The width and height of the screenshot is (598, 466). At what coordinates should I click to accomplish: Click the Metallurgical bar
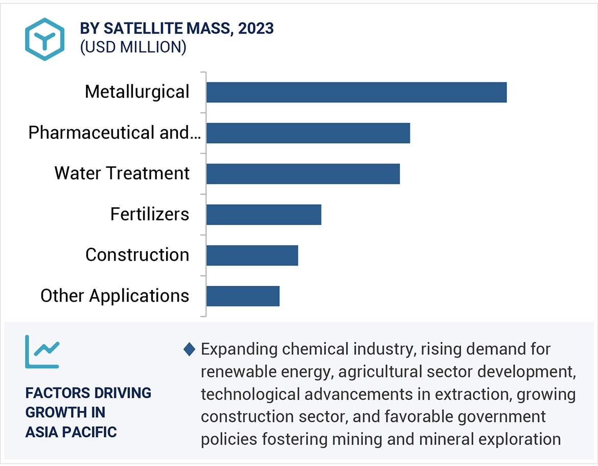(356, 92)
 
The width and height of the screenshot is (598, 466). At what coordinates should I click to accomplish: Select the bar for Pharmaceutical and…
(308, 133)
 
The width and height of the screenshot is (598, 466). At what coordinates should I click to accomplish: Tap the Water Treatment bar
(303, 174)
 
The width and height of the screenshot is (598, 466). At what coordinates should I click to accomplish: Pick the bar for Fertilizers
(264, 214)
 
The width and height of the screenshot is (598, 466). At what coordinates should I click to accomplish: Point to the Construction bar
(252, 255)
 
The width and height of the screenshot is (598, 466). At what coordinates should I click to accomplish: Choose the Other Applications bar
(243, 296)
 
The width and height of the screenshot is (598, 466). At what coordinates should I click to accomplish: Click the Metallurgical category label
(137, 92)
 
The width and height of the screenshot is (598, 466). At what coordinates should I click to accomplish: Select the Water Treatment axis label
(122, 174)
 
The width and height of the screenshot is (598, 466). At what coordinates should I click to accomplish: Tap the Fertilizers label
(150, 214)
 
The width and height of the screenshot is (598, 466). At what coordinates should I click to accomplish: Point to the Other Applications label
(115, 296)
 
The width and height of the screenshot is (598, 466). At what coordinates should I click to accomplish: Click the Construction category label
(137, 255)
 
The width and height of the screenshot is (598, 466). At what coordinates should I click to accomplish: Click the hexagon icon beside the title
(45, 39)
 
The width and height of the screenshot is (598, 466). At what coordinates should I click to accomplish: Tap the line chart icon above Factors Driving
(42, 352)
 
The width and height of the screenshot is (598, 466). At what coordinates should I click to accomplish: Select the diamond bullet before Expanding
(189, 350)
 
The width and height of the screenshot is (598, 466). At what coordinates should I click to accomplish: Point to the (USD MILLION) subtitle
(133, 47)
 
